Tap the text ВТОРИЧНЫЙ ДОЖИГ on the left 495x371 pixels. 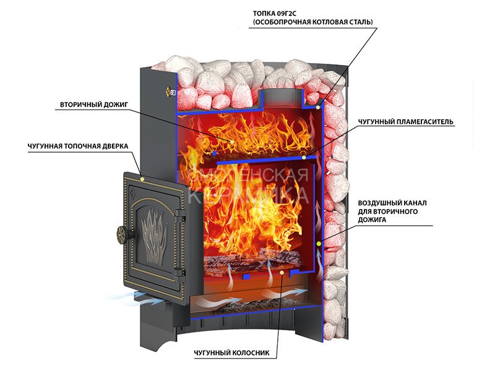point(93,104)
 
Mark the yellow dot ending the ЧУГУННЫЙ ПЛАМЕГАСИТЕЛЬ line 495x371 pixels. point(304,157)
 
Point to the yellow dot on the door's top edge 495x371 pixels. point(143,178)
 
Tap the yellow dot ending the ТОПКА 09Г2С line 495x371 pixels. point(319,108)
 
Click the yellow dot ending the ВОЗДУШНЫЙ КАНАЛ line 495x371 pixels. point(319,244)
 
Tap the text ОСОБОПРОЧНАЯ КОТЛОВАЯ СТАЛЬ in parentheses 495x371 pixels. point(313,22)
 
